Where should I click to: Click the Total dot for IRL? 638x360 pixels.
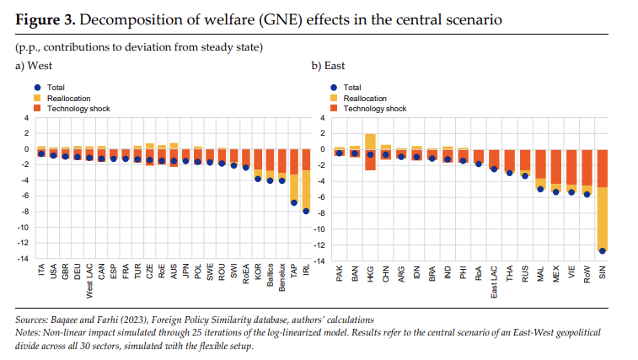(x=306, y=211)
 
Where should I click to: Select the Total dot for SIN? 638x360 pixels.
(x=603, y=250)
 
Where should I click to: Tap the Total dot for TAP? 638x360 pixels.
(x=294, y=202)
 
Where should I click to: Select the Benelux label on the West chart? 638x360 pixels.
(x=282, y=279)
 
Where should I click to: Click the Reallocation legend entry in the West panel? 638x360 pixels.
(x=70, y=98)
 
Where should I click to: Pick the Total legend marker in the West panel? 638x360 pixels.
(x=37, y=88)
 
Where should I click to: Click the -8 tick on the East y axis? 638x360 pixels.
(x=319, y=212)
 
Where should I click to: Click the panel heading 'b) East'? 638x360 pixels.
(x=328, y=66)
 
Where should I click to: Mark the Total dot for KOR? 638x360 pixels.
(x=258, y=179)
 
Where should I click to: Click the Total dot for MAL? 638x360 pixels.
(x=540, y=189)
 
